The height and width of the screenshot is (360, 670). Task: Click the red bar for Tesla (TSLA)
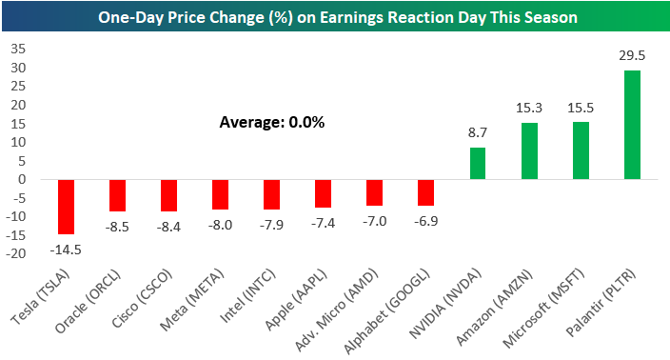67,207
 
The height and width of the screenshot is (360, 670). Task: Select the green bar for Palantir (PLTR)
632,125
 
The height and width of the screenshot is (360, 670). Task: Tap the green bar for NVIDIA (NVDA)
478,163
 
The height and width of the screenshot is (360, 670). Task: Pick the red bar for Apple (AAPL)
323,193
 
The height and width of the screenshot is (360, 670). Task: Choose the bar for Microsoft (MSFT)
581,150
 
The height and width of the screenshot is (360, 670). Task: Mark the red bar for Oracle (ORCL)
117,195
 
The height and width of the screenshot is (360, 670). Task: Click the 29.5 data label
632,55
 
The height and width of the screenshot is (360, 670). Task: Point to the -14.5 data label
66,250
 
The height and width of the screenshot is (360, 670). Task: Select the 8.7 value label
478,132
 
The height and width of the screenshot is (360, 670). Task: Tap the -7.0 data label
375,221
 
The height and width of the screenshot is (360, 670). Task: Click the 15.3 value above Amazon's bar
529,108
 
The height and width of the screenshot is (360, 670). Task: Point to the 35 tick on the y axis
18,49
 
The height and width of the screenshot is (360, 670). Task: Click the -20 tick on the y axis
16,253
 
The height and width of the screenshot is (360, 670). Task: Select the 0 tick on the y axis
22,180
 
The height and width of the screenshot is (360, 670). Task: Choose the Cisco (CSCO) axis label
143,299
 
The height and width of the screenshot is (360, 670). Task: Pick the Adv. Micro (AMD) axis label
337,310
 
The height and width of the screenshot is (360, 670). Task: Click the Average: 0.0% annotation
272,122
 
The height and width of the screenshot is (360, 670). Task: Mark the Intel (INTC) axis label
247,296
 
